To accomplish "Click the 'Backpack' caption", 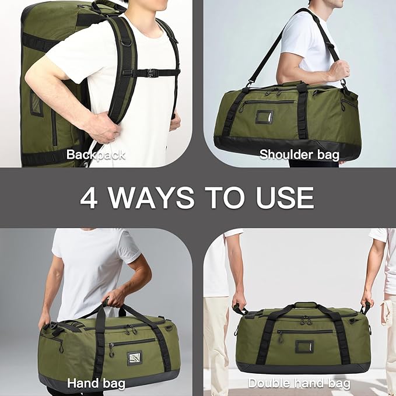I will (95, 155).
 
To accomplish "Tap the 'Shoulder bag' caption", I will (299, 155).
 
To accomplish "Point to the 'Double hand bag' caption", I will (299, 383).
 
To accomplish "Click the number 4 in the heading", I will (89, 198).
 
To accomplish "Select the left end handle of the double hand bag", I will (240, 309).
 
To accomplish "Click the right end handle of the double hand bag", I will (366, 307).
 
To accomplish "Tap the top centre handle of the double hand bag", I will (305, 304).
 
